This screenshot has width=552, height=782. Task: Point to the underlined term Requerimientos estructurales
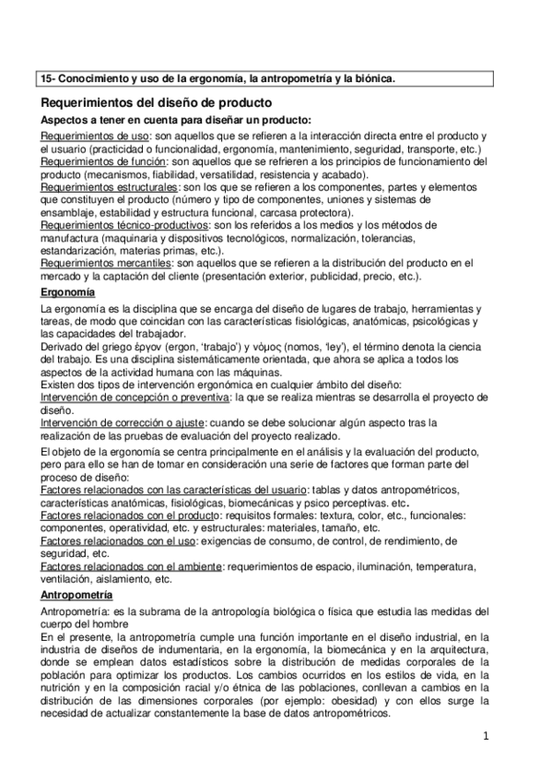click(110, 186)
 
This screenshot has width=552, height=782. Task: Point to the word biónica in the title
click(371, 78)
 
